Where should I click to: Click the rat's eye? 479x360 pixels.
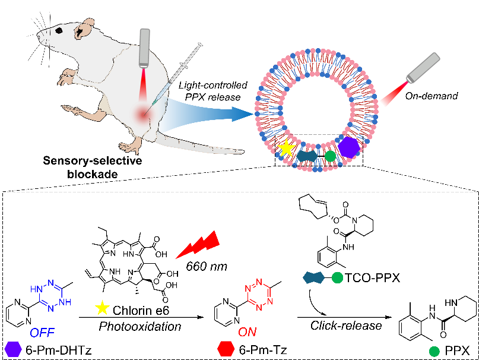pyautogui.click(x=58, y=30)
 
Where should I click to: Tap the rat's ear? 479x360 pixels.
pyautogui.click(x=87, y=26)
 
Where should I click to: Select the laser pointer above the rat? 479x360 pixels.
pyautogui.click(x=144, y=48)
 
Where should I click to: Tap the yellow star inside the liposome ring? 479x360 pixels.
pyautogui.click(x=286, y=148)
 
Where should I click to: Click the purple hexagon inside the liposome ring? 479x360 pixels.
pyautogui.click(x=348, y=147)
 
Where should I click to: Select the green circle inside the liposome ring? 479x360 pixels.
pyautogui.click(x=330, y=156)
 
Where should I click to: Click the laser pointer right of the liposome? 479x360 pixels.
pyautogui.click(x=423, y=68)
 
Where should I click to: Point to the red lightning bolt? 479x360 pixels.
pyautogui.click(x=198, y=245)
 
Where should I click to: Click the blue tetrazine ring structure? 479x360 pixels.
pyautogui.click(x=50, y=295)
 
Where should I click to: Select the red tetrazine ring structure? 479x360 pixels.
pyautogui.click(x=259, y=295)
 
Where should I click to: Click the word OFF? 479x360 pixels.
pyautogui.click(x=42, y=333)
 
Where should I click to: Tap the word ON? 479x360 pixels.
pyautogui.click(x=247, y=332)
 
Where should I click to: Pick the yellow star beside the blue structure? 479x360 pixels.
pyautogui.click(x=103, y=308)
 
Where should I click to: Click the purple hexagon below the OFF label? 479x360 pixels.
pyautogui.click(x=13, y=349)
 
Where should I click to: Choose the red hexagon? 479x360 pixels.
pyautogui.click(x=226, y=349)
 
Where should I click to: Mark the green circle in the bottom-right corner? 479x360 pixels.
pyautogui.click(x=434, y=351)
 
